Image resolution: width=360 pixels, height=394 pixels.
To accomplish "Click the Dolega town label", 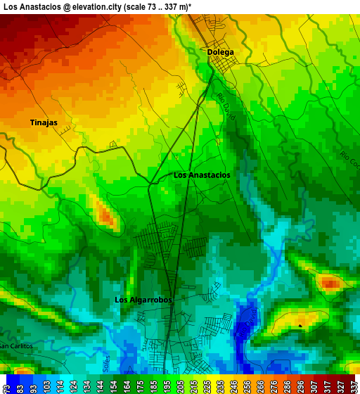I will click(220, 52).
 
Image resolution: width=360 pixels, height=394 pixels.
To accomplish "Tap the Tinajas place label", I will click(44, 122).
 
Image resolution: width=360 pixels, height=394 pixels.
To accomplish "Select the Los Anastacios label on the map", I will click(202, 175).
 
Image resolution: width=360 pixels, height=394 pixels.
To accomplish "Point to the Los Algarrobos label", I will click(143, 300).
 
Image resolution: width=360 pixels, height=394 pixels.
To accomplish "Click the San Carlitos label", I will click(15, 346).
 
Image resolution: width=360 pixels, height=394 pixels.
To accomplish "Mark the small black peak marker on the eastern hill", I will click(301, 326).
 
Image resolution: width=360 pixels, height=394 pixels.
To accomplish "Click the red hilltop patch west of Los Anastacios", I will click(107, 216).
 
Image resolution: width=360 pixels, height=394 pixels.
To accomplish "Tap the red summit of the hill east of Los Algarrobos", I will click(330, 284).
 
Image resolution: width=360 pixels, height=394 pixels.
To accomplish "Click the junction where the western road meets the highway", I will click(150, 184).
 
